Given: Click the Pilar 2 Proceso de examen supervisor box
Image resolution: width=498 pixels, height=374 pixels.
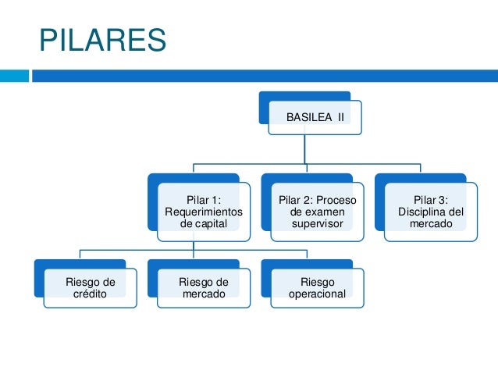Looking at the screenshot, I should point(317,211).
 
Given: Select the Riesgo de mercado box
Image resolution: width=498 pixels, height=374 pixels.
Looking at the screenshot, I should point(203,287).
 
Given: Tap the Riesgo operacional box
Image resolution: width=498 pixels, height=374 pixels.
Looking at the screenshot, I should point(317,287).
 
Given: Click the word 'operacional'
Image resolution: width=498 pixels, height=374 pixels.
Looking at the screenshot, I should point(317,294).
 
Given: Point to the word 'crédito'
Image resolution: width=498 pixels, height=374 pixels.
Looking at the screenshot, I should point(90,294).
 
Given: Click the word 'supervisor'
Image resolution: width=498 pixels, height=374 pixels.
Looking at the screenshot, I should point(317,225).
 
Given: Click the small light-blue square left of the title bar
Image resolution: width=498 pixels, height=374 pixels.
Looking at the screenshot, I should point(13,76).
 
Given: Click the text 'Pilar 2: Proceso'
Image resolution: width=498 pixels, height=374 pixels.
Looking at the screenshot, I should point(317,200).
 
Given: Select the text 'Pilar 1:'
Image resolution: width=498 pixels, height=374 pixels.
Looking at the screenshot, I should point(204,200).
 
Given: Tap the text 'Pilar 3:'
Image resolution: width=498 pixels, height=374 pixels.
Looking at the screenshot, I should point(431,200).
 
